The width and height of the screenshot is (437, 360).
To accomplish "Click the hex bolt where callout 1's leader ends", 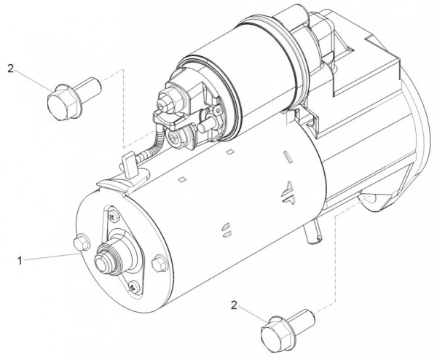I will (80, 246).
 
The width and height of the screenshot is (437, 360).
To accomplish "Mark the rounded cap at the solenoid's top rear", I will (288, 15).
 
